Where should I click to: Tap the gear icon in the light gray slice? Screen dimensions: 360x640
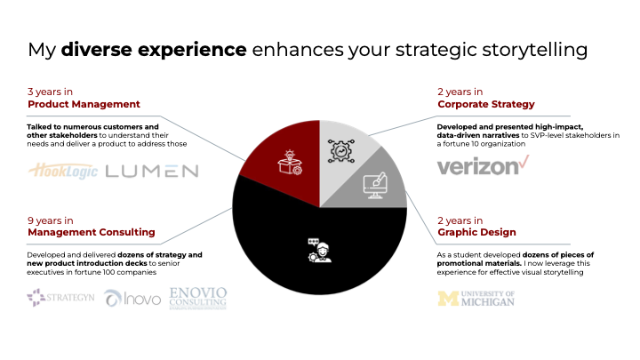click(x=341, y=150)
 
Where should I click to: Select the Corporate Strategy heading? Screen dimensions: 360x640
click(x=486, y=105)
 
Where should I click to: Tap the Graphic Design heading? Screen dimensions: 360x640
click(x=476, y=232)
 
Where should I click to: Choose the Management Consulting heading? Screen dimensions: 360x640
click(x=92, y=233)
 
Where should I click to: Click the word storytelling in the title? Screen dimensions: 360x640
click(x=532, y=50)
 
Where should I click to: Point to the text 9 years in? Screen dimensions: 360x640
click(x=51, y=219)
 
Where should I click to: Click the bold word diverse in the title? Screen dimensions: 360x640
click(x=92, y=50)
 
